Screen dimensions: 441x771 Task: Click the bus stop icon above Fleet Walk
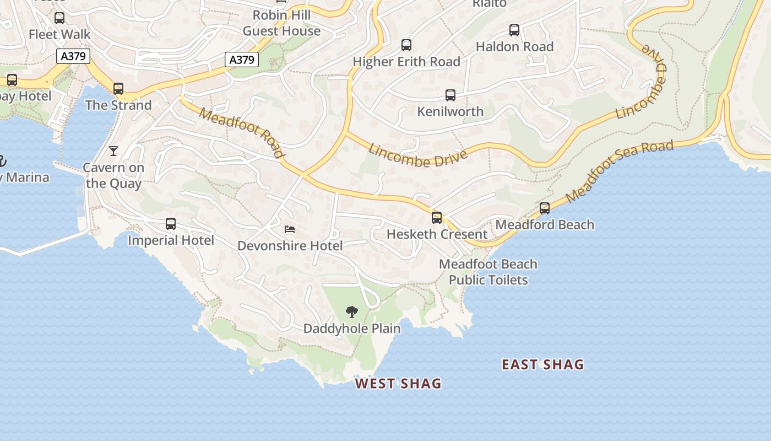(x=59, y=18)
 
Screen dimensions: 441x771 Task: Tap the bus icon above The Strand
(x=118, y=88)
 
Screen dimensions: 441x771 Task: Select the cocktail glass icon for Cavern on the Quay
(x=113, y=151)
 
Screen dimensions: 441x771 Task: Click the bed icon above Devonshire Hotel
(x=290, y=229)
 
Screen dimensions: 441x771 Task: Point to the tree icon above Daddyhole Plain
(x=352, y=312)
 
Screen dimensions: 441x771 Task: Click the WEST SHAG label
(x=398, y=383)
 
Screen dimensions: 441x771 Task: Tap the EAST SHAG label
(x=542, y=364)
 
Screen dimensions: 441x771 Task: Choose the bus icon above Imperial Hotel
(x=171, y=224)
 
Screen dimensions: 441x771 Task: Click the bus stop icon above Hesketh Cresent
(x=437, y=217)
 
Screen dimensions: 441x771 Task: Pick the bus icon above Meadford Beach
(x=545, y=208)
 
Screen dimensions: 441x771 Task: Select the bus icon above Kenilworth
(x=450, y=95)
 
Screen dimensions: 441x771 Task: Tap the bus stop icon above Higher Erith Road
(x=406, y=45)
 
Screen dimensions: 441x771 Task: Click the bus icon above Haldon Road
(x=514, y=30)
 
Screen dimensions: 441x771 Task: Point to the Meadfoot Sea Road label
(x=619, y=171)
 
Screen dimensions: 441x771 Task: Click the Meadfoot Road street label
(x=242, y=133)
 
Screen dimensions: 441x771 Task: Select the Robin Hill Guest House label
(x=282, y=23)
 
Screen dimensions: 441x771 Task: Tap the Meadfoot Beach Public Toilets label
(x=488, y=272)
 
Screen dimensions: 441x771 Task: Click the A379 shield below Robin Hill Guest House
(x=242, y=60)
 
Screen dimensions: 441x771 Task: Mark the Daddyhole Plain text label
(x=352, y=329)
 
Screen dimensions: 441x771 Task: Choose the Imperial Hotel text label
(x=171, y=240)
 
